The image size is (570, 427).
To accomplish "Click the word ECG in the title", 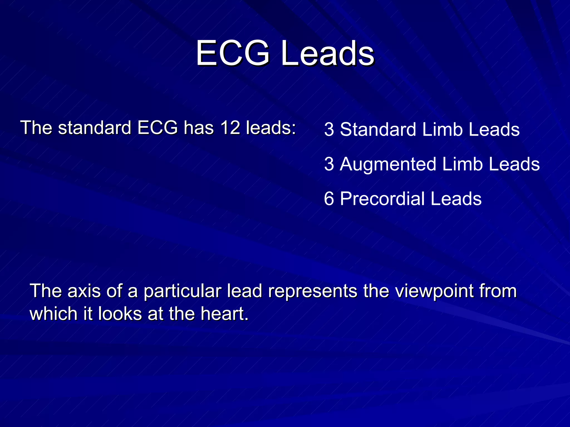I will point(233,53).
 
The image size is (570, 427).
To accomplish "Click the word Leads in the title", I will point(328,53).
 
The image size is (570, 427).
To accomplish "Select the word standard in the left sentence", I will point(95,128).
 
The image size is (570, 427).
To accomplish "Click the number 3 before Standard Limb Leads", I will point(329,130).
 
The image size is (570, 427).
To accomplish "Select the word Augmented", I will point(388,164).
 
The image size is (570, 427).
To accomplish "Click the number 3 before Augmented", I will point(329,164).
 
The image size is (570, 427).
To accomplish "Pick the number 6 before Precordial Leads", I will point(329,199).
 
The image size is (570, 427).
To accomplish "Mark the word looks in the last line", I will point(120,314).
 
